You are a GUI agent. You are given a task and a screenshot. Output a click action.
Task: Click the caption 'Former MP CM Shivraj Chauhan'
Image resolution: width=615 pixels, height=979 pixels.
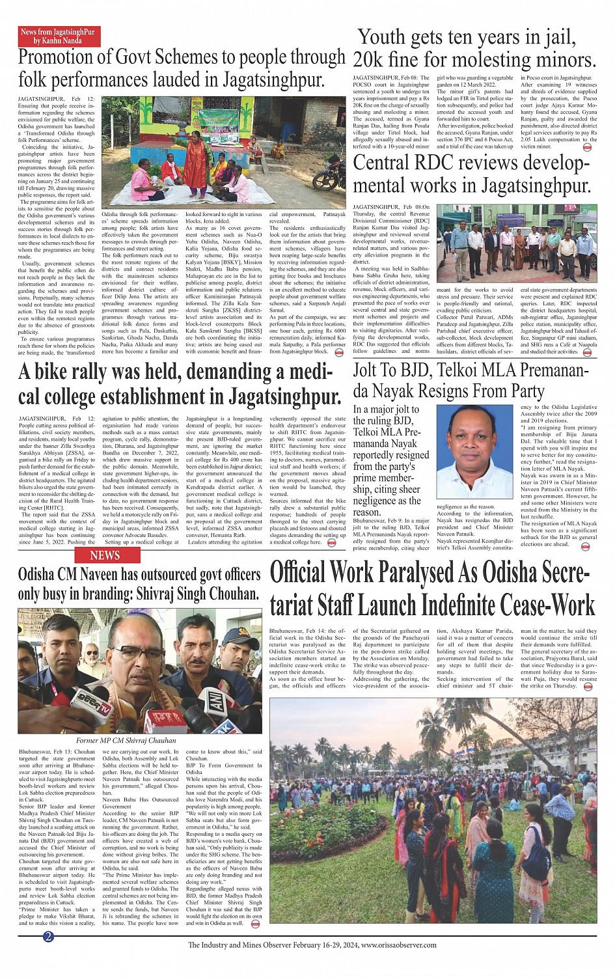pyautogui.click(x=126, y=740)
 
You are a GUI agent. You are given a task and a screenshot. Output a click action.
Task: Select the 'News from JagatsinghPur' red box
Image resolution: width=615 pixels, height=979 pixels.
pyautogui.click(x=57, y=36)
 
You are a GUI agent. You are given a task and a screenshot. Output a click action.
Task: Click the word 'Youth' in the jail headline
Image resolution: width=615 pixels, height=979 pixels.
pyautogui.click(x=389, y=38)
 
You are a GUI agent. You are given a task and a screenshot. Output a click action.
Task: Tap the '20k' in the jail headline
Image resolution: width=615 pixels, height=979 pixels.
pyautogui.click(x=368, y=61)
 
